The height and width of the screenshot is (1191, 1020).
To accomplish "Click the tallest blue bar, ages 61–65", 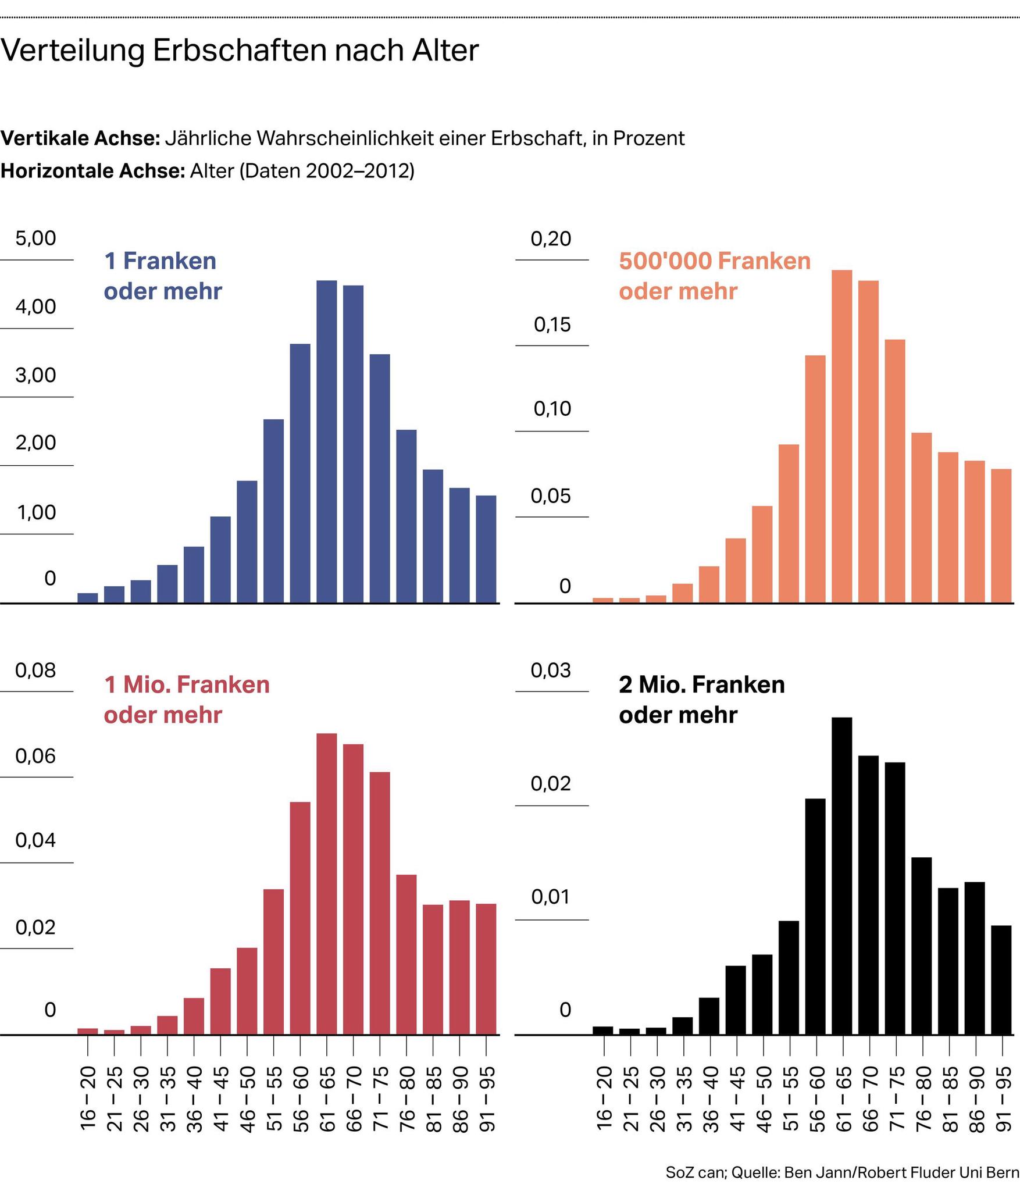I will point(326,442).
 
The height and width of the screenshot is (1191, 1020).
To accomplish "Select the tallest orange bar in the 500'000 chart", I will point(841,436).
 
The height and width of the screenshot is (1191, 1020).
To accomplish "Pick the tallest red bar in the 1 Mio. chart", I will point(326,884).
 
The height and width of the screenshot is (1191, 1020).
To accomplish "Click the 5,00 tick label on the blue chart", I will point(36,238).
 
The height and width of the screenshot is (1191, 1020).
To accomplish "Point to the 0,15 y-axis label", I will point(552,325).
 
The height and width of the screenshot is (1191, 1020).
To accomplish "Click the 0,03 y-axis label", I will point(551,671).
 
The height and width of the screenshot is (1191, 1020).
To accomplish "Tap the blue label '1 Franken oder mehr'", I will point(162,276).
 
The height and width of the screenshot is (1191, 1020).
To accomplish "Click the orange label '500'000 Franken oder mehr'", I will point(714,276).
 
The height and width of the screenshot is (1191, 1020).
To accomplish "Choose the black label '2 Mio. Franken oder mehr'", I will point(701,700).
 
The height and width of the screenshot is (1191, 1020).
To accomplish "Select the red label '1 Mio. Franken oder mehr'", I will point(186,700).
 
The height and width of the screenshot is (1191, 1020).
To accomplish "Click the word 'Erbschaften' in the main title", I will point(238,51).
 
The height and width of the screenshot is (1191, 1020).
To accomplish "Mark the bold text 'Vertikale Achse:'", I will point(80,138).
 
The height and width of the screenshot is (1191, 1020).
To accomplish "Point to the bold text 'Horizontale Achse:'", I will point(92,171).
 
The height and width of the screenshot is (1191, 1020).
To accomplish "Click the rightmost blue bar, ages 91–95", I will point(486,549).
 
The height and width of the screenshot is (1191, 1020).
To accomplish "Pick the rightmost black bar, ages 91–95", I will point(1001,980).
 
